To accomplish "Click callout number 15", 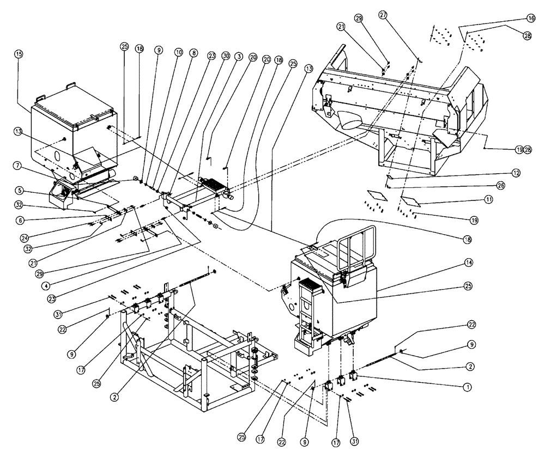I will [19, 54].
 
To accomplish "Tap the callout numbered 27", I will [383, 16].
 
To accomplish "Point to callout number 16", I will [530, 18].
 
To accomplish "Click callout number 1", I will [467, 387].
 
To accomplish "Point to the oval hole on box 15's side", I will [57, 156].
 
